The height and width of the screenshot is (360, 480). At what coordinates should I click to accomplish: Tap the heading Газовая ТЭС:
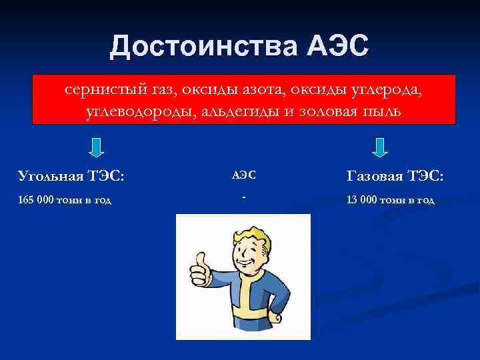(395, 175)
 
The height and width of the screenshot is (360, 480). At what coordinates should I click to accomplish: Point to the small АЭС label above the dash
(243, 175)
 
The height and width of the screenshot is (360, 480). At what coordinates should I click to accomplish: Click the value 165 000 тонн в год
(64, 199)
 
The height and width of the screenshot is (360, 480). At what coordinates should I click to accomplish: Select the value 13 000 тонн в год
(390, 199)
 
